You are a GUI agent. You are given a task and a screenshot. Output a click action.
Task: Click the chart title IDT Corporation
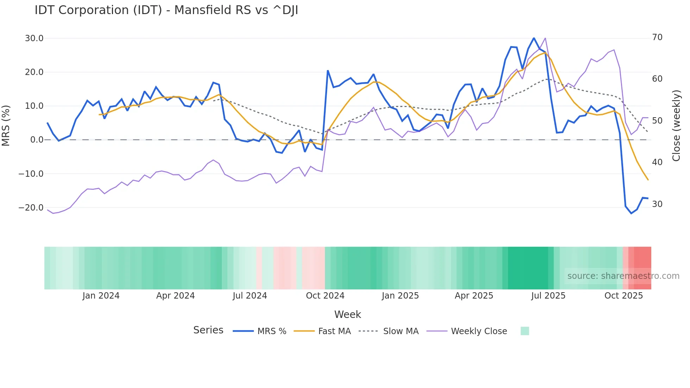pos(166,10)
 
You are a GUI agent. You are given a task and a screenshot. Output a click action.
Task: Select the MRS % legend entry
pos(271,331)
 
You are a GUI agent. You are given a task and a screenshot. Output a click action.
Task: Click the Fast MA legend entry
pos(334,331)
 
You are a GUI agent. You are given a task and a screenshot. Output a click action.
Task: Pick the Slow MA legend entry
pos(401,331)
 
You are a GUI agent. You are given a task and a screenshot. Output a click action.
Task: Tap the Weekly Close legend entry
pos(479,331)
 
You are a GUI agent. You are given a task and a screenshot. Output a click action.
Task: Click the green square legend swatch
pos(525,331)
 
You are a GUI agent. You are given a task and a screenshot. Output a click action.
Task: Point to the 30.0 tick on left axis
pos(34,38)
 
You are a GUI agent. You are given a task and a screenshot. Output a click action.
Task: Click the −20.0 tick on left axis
pos(31,208)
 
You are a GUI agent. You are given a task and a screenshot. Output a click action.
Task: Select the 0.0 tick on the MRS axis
pos(37,140)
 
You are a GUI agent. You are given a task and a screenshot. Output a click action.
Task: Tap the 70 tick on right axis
pos(657,37)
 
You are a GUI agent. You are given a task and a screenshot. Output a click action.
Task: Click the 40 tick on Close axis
pos(657,162)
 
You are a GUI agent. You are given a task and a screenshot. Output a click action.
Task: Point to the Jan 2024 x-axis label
pos(101,296)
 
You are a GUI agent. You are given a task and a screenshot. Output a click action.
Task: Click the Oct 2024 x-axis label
pos(325,296)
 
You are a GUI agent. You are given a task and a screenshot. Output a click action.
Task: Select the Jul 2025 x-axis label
pos(548,296)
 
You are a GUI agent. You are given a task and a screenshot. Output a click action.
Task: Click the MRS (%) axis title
pos(6,125)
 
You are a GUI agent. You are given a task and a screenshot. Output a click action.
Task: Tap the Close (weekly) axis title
pos(676,125)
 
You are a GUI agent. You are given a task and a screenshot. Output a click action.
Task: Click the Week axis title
pos(347,314)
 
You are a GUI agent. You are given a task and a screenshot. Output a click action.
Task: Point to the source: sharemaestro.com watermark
pos(623,276)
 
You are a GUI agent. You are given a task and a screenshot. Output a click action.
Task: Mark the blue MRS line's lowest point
pos(631,213)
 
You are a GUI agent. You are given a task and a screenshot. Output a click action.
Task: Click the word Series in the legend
pos(208,330)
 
